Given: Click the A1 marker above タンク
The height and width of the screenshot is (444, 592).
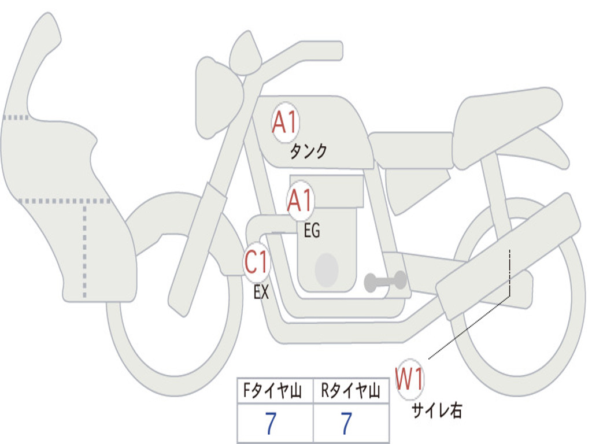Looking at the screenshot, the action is coord(284,123).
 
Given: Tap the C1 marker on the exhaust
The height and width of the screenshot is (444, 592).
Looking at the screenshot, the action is coord(257,264).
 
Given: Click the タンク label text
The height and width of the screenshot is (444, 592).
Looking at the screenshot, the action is coord(308,151).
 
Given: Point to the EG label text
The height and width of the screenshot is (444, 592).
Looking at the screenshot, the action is coord(312,231).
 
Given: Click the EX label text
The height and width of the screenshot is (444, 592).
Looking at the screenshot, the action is coord(261,293).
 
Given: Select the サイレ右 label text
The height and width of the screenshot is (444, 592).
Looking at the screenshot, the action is coord(436,410).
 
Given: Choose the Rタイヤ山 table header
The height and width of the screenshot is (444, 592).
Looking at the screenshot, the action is coord(350,392).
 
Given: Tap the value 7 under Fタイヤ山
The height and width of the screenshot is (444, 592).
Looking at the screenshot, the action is coord(271,424).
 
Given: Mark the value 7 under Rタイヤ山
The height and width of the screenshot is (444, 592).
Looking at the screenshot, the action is coord(346,424).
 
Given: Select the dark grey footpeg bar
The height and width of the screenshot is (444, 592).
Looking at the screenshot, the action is coord(385,282).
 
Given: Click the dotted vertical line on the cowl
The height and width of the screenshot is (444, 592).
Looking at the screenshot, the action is coord(85,249).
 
